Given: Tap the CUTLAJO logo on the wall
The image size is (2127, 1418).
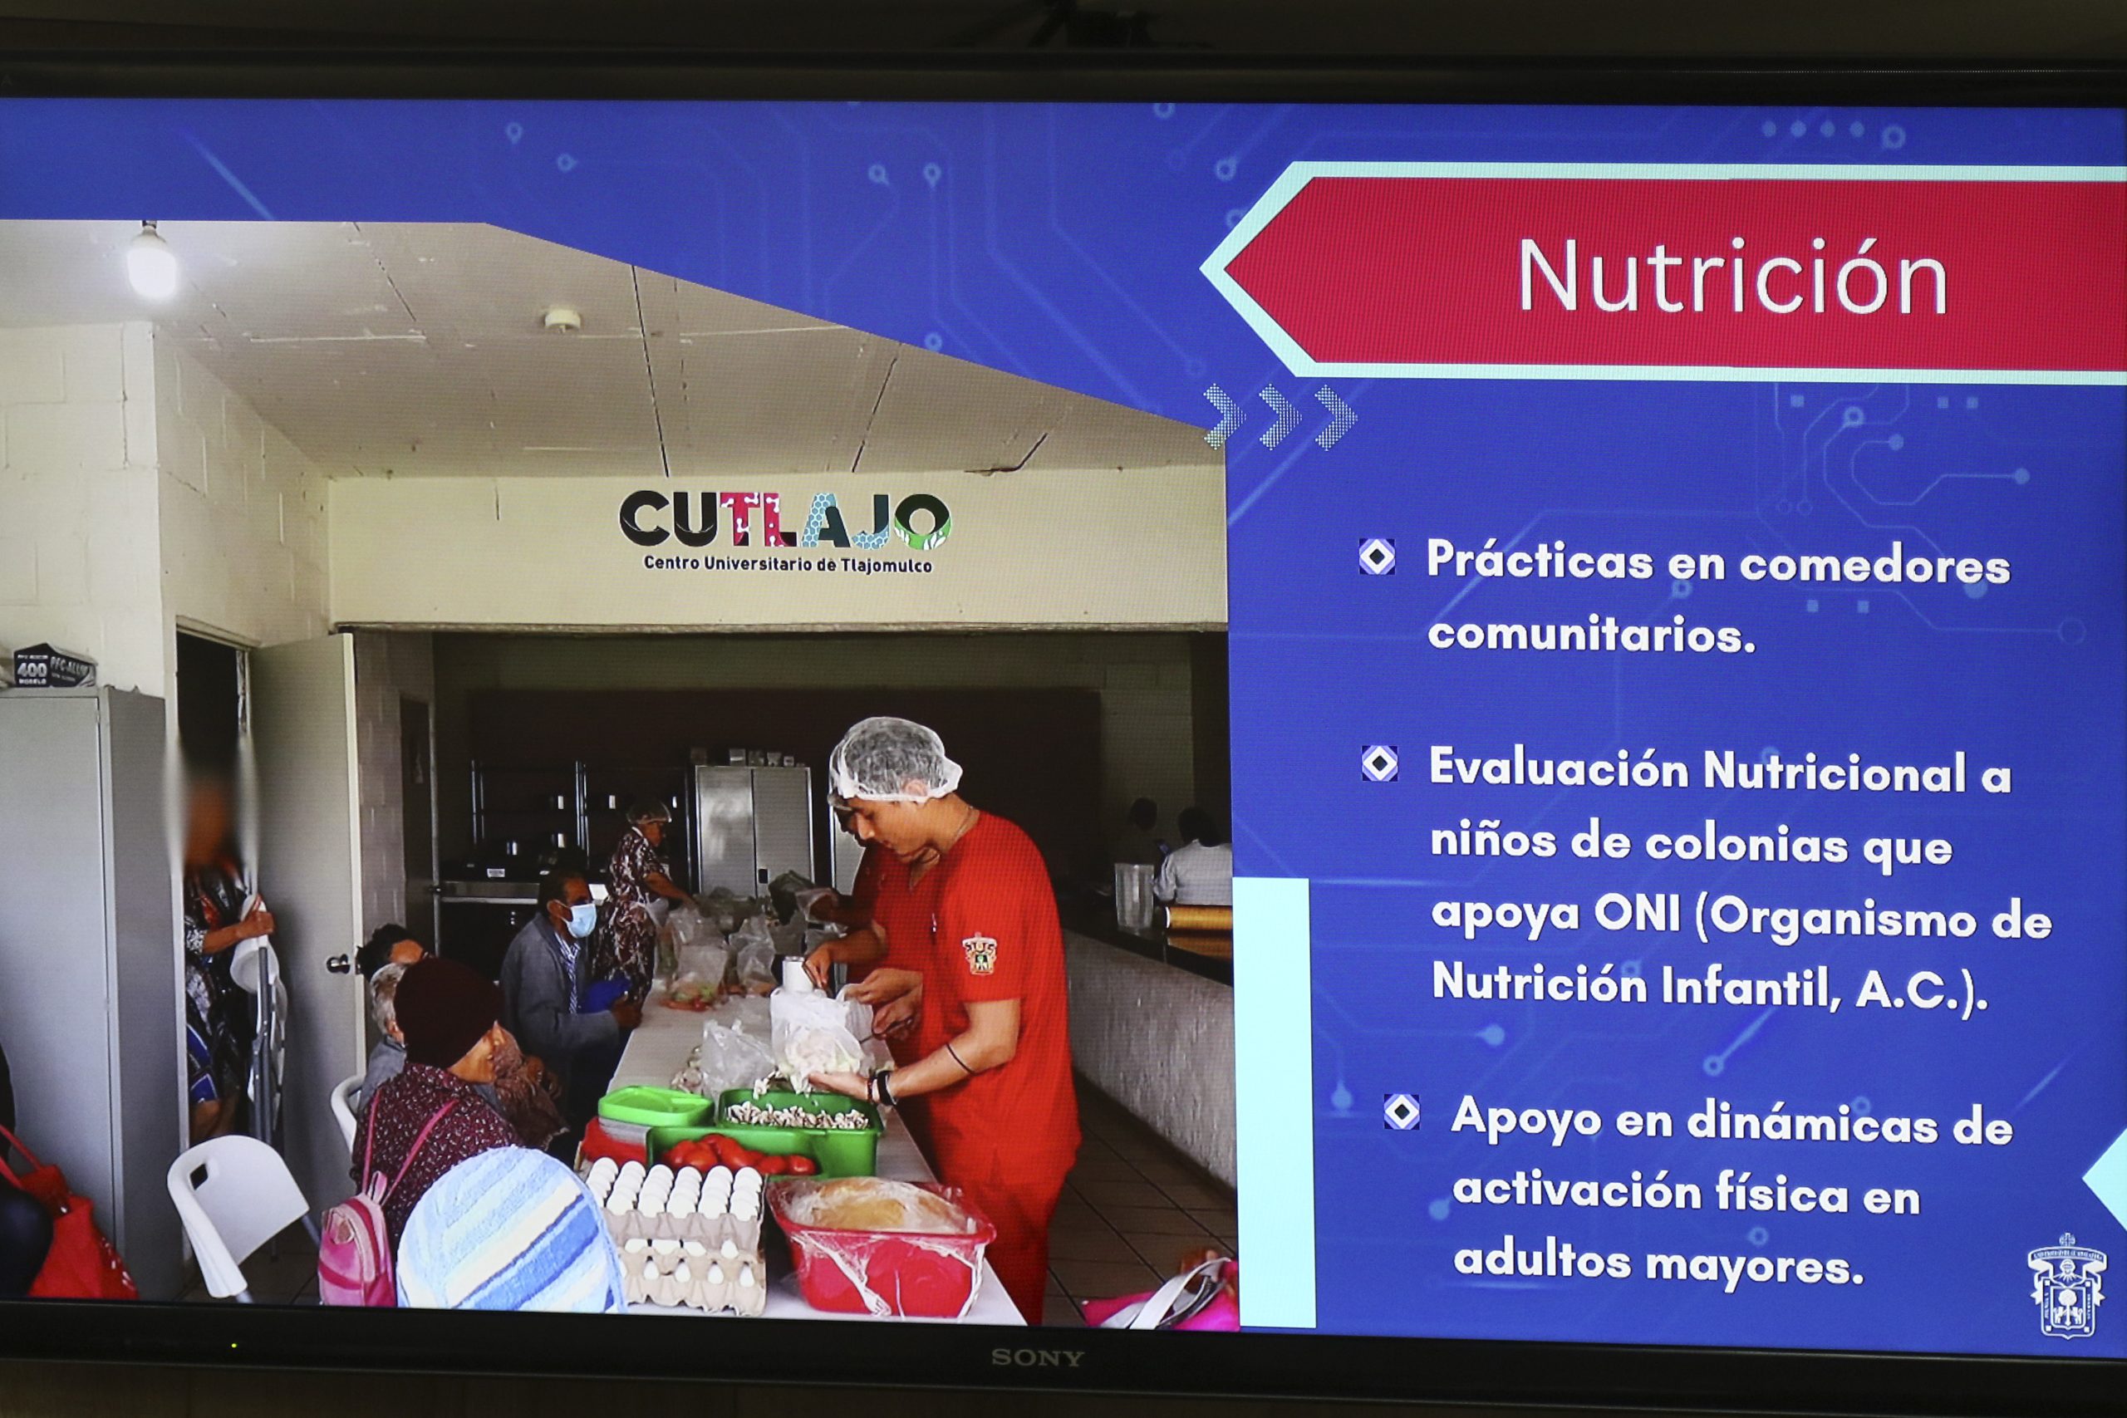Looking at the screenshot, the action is pyautogui.click(x=785, y=531).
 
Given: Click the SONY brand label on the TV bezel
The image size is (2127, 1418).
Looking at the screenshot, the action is pyautogui.click(x=1036, y=1357).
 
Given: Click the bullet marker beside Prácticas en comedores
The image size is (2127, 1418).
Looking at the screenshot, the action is pyautogui.click(x=1377, y=557).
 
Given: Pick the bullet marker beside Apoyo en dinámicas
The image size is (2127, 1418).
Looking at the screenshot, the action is pyautogui.click(x=1401, y=1112).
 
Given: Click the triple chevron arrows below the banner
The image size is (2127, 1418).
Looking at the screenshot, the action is pyautogui.click(x=1280, y=417).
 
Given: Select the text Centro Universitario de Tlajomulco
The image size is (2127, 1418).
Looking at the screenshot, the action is pyautogui.click(x=788, y=563).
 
